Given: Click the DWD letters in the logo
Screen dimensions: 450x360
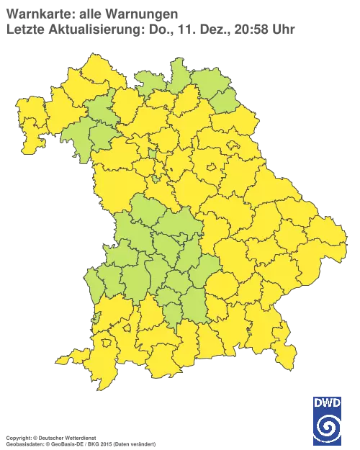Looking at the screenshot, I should pyautogui.click(x=328, y=402).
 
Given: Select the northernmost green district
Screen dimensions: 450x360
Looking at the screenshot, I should pyautogui.click(x=179, y=70).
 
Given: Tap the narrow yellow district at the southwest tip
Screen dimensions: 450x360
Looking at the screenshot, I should pyautogui.click(x=72, y=356).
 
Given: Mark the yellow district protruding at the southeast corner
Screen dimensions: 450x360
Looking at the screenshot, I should pyautogui.click(x=286, y=351).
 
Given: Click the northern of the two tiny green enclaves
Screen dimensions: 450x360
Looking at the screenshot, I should pyautogui.click(x=153, y=152).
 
